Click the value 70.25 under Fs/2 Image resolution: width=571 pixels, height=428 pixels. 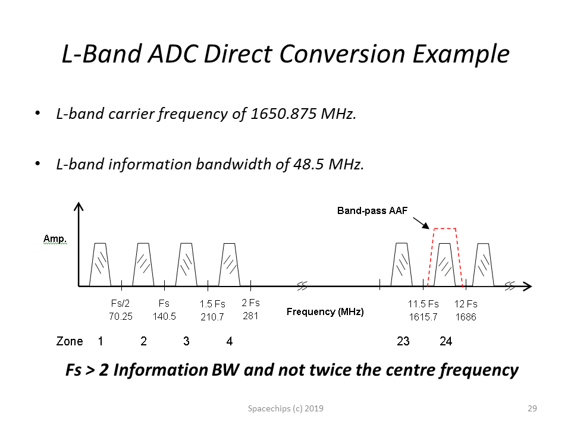(121, 316)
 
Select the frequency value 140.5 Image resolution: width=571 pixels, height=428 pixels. (164, 316)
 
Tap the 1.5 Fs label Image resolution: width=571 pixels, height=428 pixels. (212, 304)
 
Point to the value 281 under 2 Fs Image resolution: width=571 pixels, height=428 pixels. (250, 316)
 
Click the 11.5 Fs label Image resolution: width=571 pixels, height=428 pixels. (423, 304)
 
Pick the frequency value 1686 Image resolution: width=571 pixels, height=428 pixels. (466, 317)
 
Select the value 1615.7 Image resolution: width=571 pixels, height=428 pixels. (423, 317)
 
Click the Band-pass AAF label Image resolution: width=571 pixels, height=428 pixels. (372, 210)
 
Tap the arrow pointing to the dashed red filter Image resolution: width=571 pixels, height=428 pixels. (421, 223)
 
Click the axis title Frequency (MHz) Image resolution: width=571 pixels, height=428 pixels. (325, 312)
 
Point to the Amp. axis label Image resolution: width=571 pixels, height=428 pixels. (55, 239)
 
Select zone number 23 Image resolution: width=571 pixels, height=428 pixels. (403, 341)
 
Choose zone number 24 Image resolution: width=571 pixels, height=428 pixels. (445, 341)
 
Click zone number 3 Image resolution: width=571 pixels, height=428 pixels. (186, 341)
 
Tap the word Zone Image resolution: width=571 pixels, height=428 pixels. (70, 341)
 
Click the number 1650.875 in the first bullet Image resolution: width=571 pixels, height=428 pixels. (284, 114)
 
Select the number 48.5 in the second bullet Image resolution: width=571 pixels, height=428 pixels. (309, 164)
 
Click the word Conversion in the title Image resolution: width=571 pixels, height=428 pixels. (342, 54)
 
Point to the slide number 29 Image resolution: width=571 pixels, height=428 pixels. (532, 408)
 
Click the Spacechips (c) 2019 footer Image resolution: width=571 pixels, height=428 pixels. (285, 408)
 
